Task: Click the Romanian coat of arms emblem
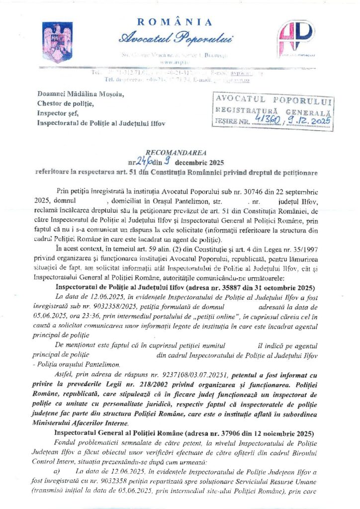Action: (x=51, y=36)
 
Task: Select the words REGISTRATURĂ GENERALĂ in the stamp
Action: (x=271, y=111)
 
